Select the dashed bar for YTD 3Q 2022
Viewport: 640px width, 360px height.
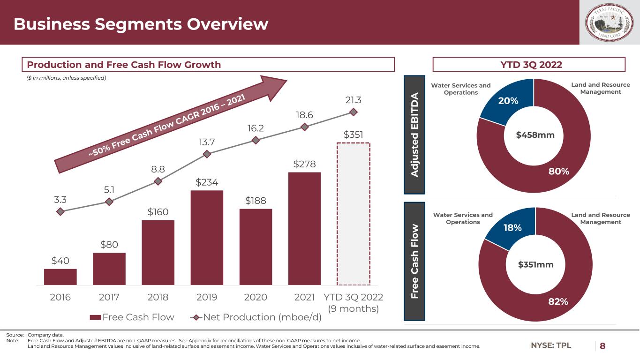point(354,214)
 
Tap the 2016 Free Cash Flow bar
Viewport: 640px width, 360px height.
point(60,277)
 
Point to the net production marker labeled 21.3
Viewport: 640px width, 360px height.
point(354,112)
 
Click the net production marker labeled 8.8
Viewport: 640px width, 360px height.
point(158,181)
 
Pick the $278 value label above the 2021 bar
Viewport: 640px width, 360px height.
point(304,165)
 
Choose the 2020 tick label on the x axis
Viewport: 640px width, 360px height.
point(256,297)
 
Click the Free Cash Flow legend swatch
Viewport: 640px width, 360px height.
point(95,317)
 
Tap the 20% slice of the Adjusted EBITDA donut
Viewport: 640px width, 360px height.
point(507,104)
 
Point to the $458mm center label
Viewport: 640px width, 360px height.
point(535,135)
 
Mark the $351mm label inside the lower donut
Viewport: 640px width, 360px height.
point(536,265)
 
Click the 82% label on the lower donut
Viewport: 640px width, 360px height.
point(558,302)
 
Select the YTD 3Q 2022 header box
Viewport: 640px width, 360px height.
point(529,65)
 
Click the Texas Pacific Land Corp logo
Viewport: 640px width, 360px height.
point(610,22)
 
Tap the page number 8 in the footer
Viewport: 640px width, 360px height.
point(602,346)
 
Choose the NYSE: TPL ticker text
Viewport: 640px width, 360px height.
point(551,346)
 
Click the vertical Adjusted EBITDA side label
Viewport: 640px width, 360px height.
point(414,134)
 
